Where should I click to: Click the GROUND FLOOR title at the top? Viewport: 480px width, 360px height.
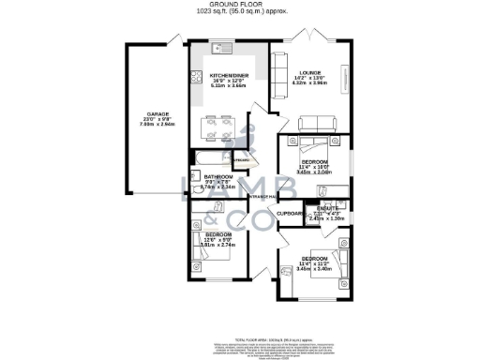tap(240, 6)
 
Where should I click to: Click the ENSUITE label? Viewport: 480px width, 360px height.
tap(327, 208)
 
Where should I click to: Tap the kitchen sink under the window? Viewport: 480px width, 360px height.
tap(218, 47)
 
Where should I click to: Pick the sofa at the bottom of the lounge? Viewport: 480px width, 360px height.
tap(309, 123)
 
